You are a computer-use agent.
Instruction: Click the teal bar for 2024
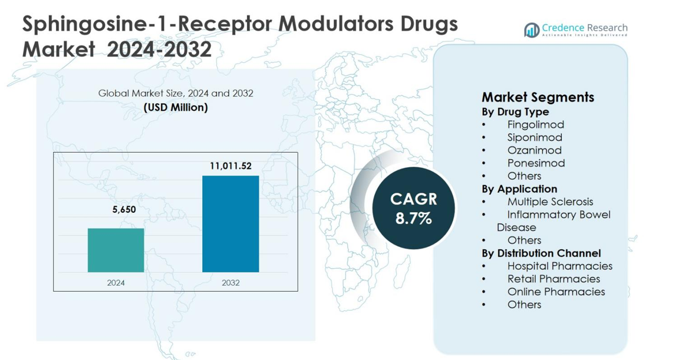(116, 250)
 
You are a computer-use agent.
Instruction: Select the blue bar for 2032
(230, 224)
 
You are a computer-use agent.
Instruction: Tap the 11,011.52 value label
(230, 166)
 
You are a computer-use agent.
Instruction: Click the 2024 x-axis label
(116, 283)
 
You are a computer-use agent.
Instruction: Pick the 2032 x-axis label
(230, 283)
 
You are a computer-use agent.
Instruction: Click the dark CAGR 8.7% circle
(413, 208)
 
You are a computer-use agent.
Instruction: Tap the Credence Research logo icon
(532, 30)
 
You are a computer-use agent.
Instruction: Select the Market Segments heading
(538, 97)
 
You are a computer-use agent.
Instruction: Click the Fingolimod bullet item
(535, 124)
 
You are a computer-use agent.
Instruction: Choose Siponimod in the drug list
(535, 137)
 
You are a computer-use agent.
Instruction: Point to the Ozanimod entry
(534, 150)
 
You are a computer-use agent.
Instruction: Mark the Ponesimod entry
(536, 163)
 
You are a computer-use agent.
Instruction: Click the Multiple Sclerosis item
(550, 202)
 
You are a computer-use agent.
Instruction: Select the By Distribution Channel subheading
(541, 253)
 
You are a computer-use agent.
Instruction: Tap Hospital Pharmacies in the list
(559, 266)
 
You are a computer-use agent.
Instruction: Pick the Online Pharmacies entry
(556, 292)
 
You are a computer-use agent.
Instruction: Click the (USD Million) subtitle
(176, 107)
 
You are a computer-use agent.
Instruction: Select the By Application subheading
(519, 189)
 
